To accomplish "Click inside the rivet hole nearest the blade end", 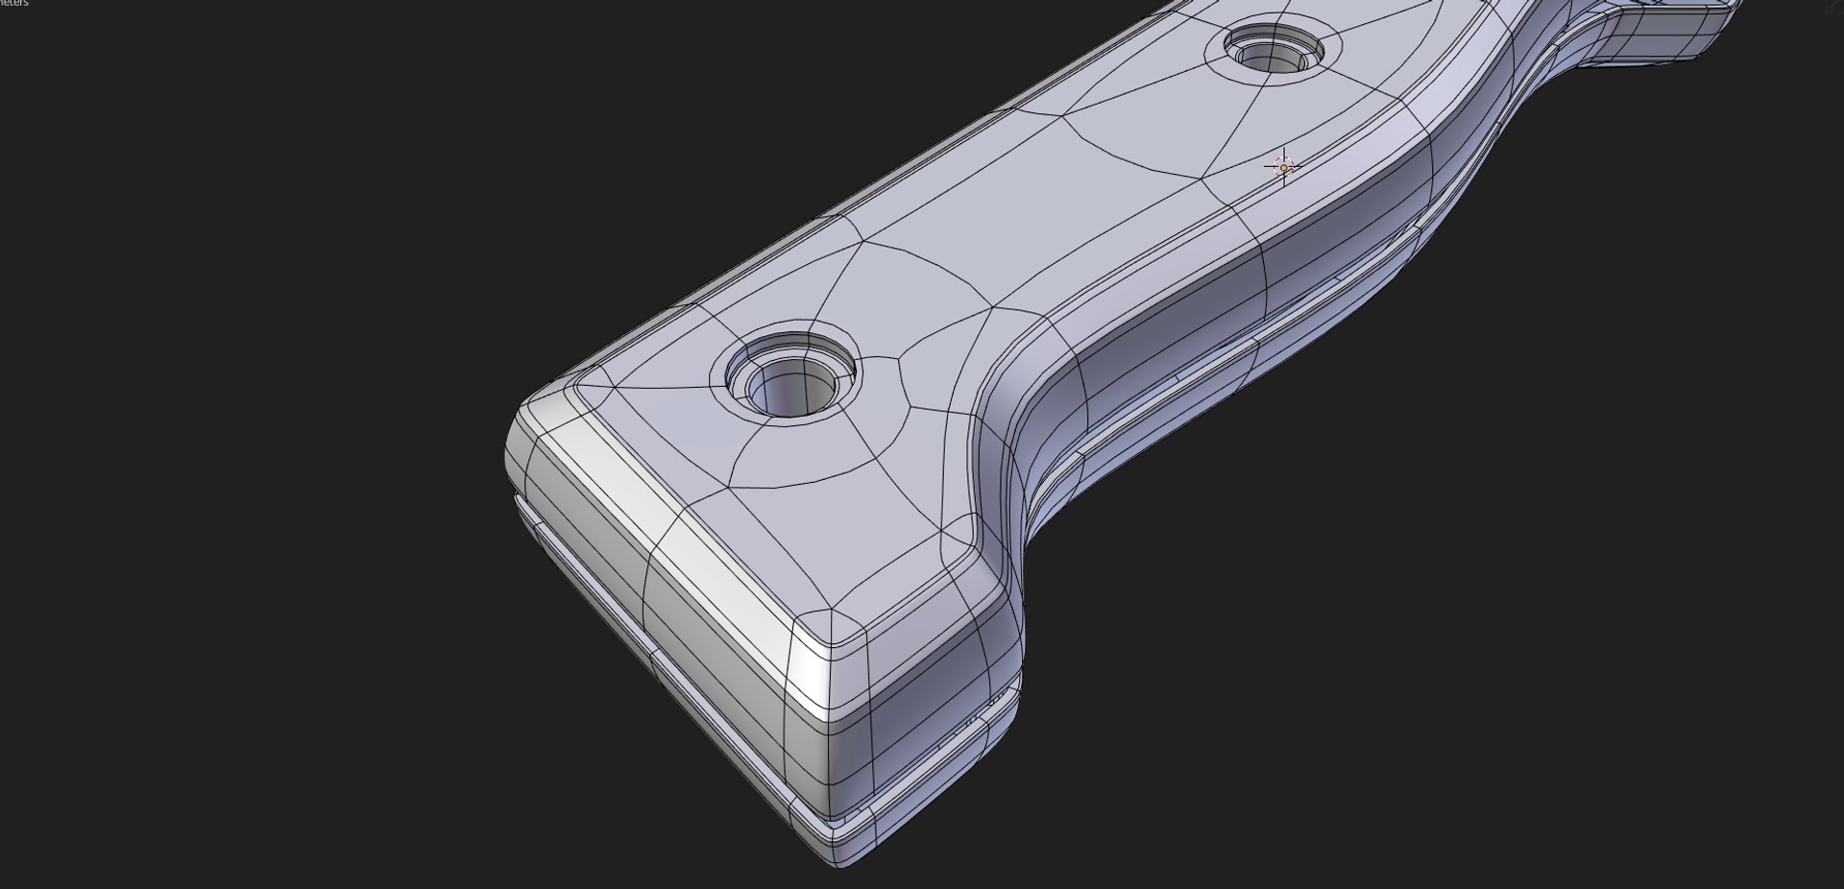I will pyautogui.click(x=1275, y=56).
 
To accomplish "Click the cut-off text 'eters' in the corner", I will pyautogui.click(x=13, y=4).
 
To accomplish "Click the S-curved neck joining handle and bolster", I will pyautogui.click(x=1498, y=96).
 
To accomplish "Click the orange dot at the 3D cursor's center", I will pyautogui.click(x=1284, y=168).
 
